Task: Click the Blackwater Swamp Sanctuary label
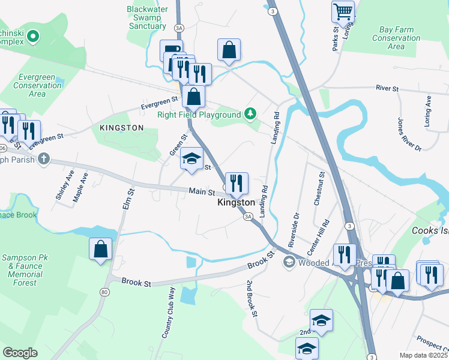pos(146,17)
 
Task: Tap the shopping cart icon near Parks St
pos(343,11)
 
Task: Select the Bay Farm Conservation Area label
pos(396,37)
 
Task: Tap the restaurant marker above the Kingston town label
pos(237,183)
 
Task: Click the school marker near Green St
pos(191,159)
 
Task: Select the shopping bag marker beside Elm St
pos(101,248)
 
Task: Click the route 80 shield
pos(105,292)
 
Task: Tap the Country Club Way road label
pos(168,313)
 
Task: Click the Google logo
pos(20,352)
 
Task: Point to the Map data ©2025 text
pos(423,355)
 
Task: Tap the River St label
pos(387,88)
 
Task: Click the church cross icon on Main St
pos(43,159)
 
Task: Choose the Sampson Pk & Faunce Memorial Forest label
pos(28,270)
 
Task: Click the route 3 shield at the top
pos(273,11)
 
